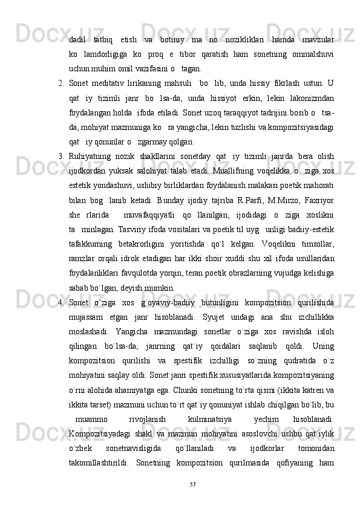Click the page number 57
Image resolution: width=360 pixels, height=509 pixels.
click(193, 485)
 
